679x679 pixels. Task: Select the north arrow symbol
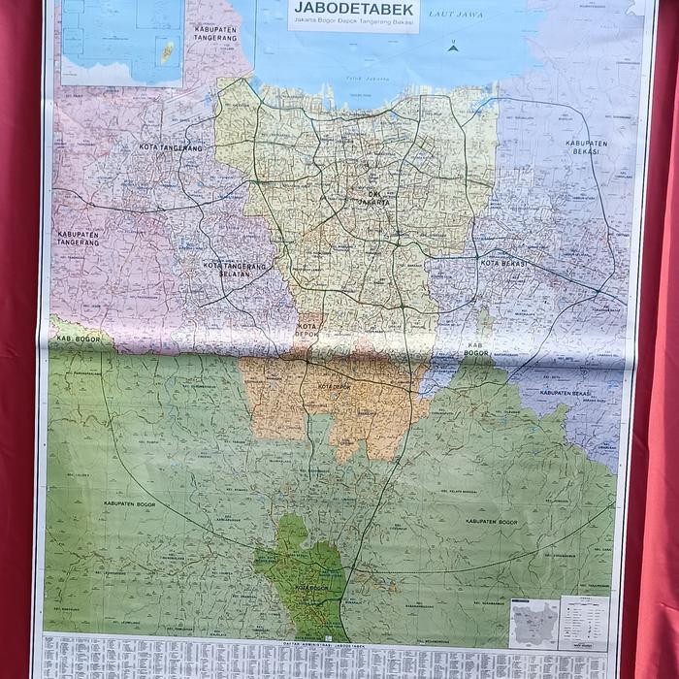[452, 43]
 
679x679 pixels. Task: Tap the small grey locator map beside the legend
[533, 624]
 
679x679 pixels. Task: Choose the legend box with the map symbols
[585, 623]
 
